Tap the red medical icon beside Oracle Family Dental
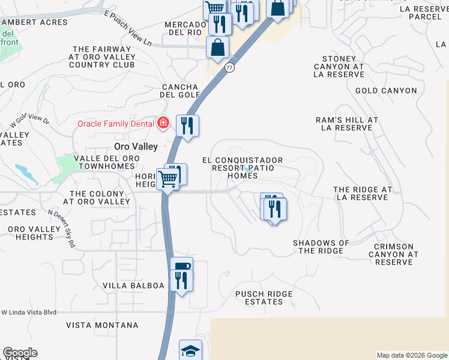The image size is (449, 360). click(162, 124)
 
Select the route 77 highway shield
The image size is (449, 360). click(229, 68)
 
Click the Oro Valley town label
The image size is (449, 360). click(136, 146)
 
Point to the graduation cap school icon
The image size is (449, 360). click(190, 350)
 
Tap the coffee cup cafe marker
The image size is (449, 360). click(181, 267)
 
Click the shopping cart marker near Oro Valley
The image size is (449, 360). click(167, 179)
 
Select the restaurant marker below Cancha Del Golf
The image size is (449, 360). click(187, 126)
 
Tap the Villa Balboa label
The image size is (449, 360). click(133, 286)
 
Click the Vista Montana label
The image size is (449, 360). click(102, 325)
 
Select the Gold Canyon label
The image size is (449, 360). click(386, 91)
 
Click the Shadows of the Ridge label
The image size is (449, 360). click(321, 247)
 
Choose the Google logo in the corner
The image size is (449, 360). click(20, 353)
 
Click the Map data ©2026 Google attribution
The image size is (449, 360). click(411, 355)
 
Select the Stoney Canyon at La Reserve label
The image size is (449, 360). click(339, 70)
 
